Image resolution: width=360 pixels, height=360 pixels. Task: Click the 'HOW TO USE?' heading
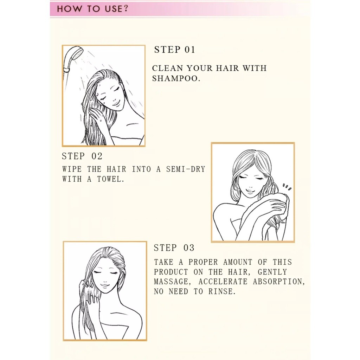(x=92, y=9)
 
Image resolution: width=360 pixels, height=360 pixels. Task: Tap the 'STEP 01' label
(x=174, y=50)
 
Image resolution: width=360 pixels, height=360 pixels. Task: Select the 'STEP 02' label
(x=82, y=156)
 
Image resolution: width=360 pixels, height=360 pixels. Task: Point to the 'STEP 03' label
(x=174, y=248)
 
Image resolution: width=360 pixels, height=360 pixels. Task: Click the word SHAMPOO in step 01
(x=176, y=78)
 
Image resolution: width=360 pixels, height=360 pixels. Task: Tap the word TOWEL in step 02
(x=110, y=179)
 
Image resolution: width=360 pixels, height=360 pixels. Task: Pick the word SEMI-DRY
(x=186, y=169)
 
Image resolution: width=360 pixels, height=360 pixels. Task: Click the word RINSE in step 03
(x=222, y=291)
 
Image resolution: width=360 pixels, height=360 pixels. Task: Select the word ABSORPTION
(x=279, y=282)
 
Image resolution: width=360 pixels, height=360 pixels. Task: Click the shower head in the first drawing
(x=72, y=59)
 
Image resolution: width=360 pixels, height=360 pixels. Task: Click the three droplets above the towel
(x=287, y=186)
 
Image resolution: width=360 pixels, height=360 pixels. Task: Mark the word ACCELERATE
(x=223, y=282)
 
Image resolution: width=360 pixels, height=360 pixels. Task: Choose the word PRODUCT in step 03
(x=171, y=272)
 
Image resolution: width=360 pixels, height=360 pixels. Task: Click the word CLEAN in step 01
(x=167, y=68)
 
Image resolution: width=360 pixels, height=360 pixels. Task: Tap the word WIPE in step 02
(x=72, y=169)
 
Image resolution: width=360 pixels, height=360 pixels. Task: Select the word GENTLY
(x=272, y=272)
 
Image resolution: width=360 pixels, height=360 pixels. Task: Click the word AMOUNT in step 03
(x=238, y=262)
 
